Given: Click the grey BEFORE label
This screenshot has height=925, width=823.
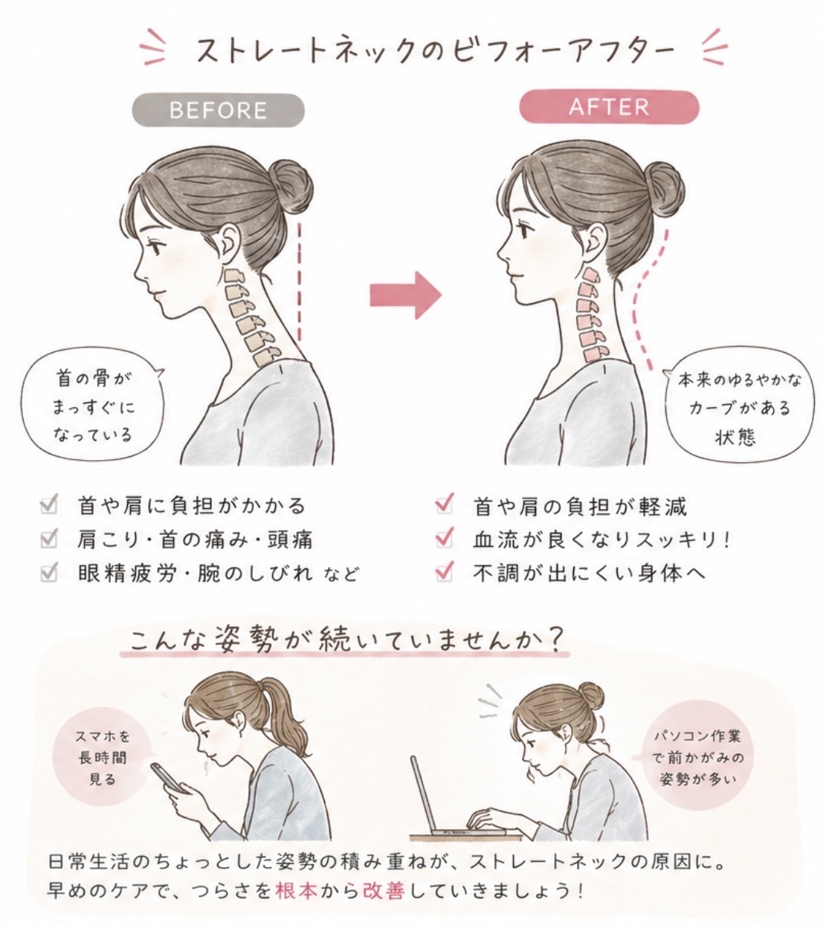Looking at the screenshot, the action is pos(219,110).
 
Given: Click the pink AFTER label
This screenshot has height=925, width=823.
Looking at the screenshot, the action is pos(609,107).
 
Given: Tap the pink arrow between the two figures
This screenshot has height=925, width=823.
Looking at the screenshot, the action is pos(406,295).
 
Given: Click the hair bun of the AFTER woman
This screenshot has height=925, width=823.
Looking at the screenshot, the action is pos(662,186).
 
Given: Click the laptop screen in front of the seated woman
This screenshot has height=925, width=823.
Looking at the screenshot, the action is pos(423,795).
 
